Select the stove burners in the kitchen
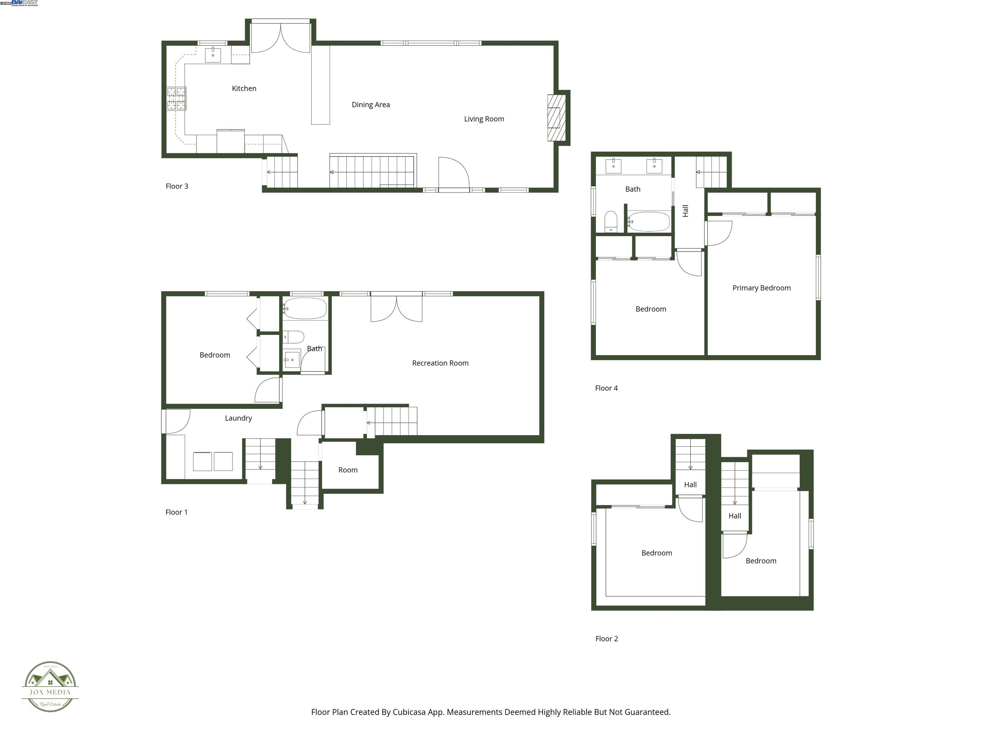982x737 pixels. (176, 98)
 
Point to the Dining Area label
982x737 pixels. (371, 105)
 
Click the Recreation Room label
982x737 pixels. (440, 363)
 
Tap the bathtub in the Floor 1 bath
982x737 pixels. (305, 308)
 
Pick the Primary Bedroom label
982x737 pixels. (761, 288)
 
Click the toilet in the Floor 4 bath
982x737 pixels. (611, 221)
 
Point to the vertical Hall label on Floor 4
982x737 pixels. (685, 210)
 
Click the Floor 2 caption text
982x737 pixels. (606, 639)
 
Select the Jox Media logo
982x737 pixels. (50, 687)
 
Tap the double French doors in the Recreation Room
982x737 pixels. (396, 308)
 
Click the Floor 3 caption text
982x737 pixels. (177, 186)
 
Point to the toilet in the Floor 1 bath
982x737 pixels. (293, 337)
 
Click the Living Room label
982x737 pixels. (484, 119)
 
